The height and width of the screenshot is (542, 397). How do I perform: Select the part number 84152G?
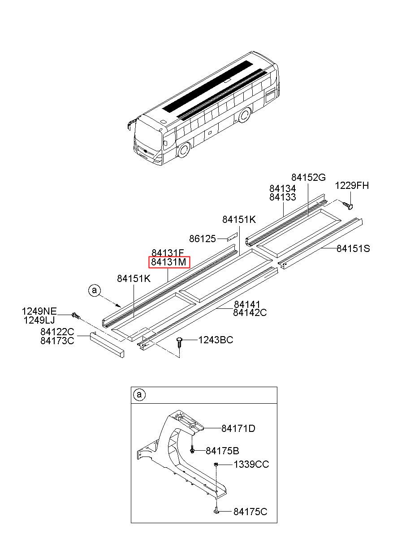pyautogui.click(x=308, y=178)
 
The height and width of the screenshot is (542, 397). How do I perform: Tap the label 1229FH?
pyautogui.click(x=353, y=185)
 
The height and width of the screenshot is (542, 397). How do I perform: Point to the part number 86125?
pyautogui.click(x=203, y=239)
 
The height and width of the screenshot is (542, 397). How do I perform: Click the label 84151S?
pyautogui.click(x=353, y=248)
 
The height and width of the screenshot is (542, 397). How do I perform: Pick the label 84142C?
pyautogui.click(x=250, y=313)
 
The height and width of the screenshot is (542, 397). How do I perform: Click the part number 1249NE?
pyautogui.click(x=40, y=311)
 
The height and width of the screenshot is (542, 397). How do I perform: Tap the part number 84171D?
pyautogui.click(x=238, y=428)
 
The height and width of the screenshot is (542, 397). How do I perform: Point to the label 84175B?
pyautogui.click(x=222, y=450)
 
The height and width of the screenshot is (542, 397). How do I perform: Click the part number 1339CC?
pyautogui.click(x=251, y=465)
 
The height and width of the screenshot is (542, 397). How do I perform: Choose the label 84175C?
pyautogui.click(x=250, y=512)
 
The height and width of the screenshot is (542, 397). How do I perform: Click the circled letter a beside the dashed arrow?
pyautogui.click(x=94, y=290)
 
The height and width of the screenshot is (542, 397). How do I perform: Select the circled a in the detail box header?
pyautogui.click(x=139, y=394)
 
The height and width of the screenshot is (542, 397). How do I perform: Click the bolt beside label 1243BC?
pyautogui.click(x=179, y=343)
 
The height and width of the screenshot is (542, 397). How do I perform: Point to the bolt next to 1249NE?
pyautogui.click(x=75, y=316)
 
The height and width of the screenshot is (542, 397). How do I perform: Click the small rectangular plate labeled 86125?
pyautogui.click(x=231, y=237)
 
